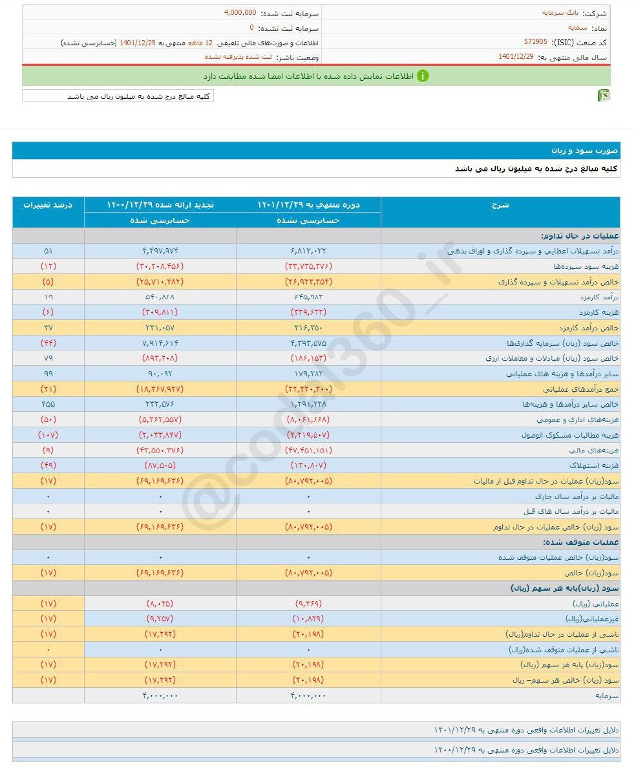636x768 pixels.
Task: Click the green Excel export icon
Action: (604, 96)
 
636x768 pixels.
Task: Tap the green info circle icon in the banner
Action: (423, 76)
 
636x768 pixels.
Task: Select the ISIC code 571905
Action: (535, 41)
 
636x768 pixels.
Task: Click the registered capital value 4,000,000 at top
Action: (240, 13)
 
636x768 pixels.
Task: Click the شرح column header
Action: (501, 205)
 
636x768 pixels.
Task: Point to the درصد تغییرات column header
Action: (48, 205)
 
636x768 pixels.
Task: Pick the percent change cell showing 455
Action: (48, 404)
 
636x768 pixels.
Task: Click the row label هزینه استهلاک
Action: (588, 465)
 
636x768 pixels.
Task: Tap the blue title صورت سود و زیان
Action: (584, 151)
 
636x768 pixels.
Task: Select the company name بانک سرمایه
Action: (557, 13)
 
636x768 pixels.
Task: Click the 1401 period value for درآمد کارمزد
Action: (308, 297)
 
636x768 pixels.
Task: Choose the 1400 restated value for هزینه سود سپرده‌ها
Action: (160, 266)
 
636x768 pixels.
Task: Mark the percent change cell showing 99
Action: (48, 374)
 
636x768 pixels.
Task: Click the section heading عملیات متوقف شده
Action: (580, 542)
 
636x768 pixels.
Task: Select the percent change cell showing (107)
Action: (48, 435)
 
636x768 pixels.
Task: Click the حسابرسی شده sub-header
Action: (160, 220)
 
